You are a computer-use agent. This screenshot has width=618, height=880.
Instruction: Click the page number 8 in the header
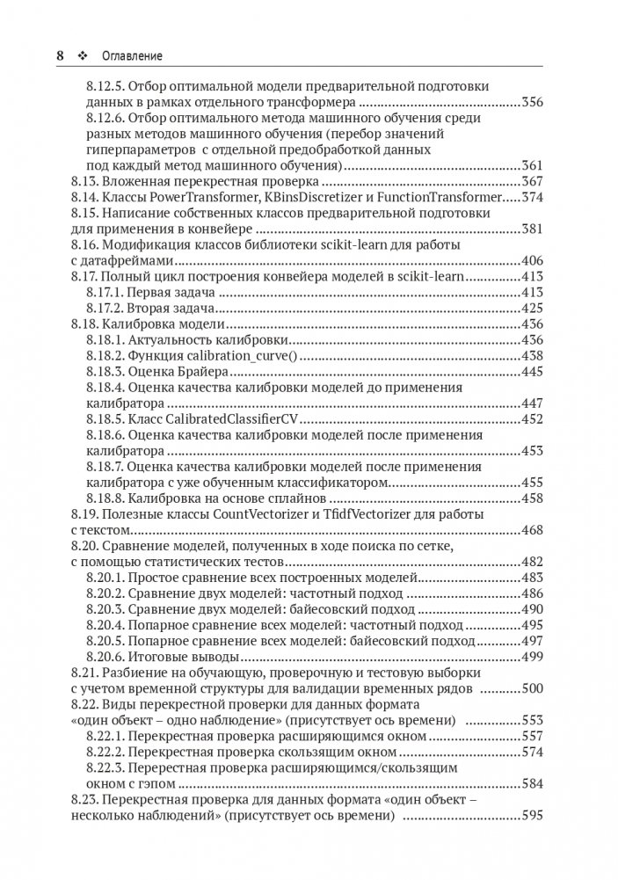pyautogui.click(x=60, y=55)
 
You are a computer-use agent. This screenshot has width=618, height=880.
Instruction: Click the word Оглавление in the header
pyautogui.click(x=134, y=56)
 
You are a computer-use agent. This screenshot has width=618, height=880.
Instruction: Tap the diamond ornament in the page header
pyautogui.click(x=84, y=56)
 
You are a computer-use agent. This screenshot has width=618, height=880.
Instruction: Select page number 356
pyautogui.click(x=531, y=102)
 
